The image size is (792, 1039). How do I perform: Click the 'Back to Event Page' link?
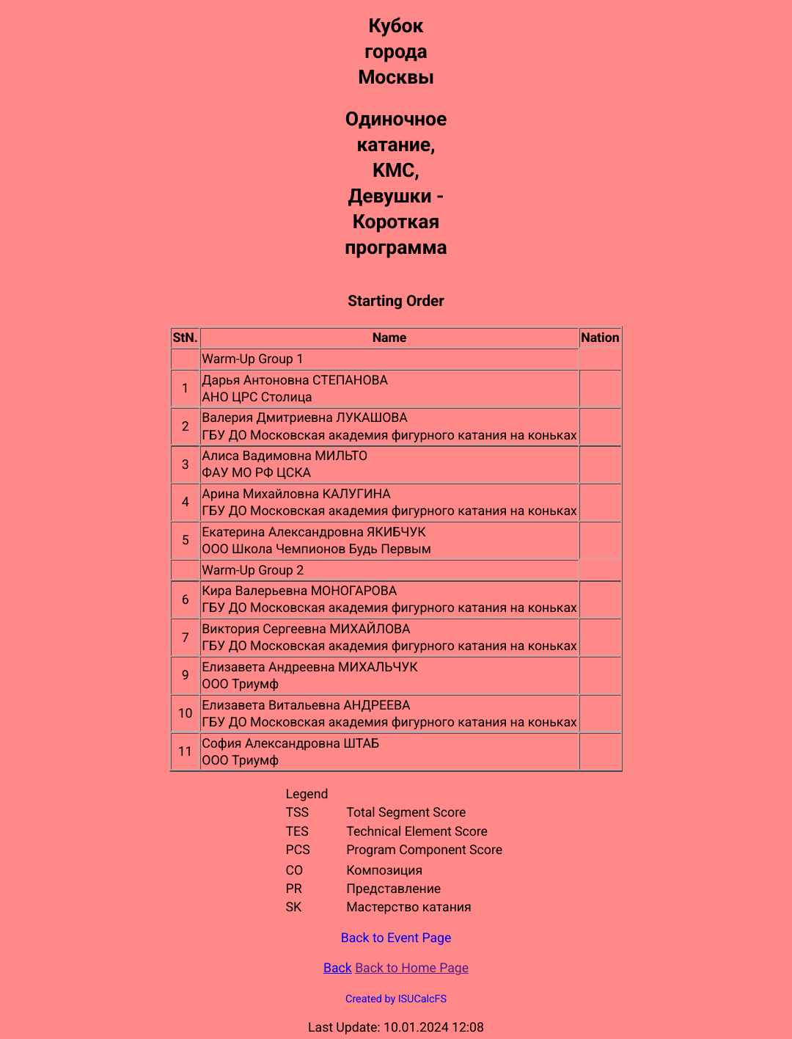[x=396, y=938]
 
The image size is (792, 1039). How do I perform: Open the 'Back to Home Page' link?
[x=411, y=968]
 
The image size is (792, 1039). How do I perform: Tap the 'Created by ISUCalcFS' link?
[x=396, y=999]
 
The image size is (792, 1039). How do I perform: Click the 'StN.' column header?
[x=185, y=338]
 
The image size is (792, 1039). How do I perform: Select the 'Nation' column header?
[x=600, y=338]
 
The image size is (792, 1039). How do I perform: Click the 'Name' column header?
[x=389, y=338]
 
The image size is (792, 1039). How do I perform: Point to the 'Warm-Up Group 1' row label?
[x=252, y=359]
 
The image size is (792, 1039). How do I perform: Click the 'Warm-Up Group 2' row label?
[x=252, y=570]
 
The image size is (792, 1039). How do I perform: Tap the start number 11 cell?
[x=185, y=751]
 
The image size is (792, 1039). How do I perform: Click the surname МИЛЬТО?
[x=341, y=456]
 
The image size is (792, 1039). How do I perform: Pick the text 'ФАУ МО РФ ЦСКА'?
[x=256, y=473]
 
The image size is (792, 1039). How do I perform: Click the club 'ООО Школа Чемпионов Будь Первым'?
[x=316, y=549]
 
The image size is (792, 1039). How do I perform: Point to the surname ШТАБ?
[x=361, y=743]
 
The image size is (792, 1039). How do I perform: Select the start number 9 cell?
[x=185, y=675]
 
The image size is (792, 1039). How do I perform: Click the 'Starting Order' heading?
[x=396, y=301]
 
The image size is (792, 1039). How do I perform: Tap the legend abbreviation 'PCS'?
[x=298, y=850]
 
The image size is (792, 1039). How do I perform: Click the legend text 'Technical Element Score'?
[x=417, y=831]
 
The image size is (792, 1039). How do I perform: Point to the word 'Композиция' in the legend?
[x=384, y=870]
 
